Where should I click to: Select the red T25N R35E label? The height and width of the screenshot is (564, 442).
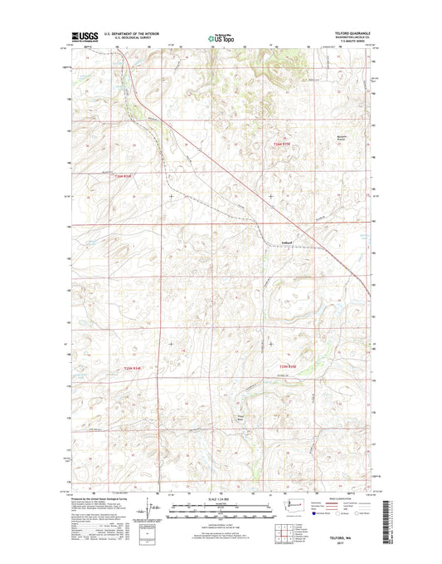[287, 366]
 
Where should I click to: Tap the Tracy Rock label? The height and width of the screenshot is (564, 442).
[241, 418]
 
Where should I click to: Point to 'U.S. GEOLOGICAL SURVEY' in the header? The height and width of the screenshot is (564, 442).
[124, 39]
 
